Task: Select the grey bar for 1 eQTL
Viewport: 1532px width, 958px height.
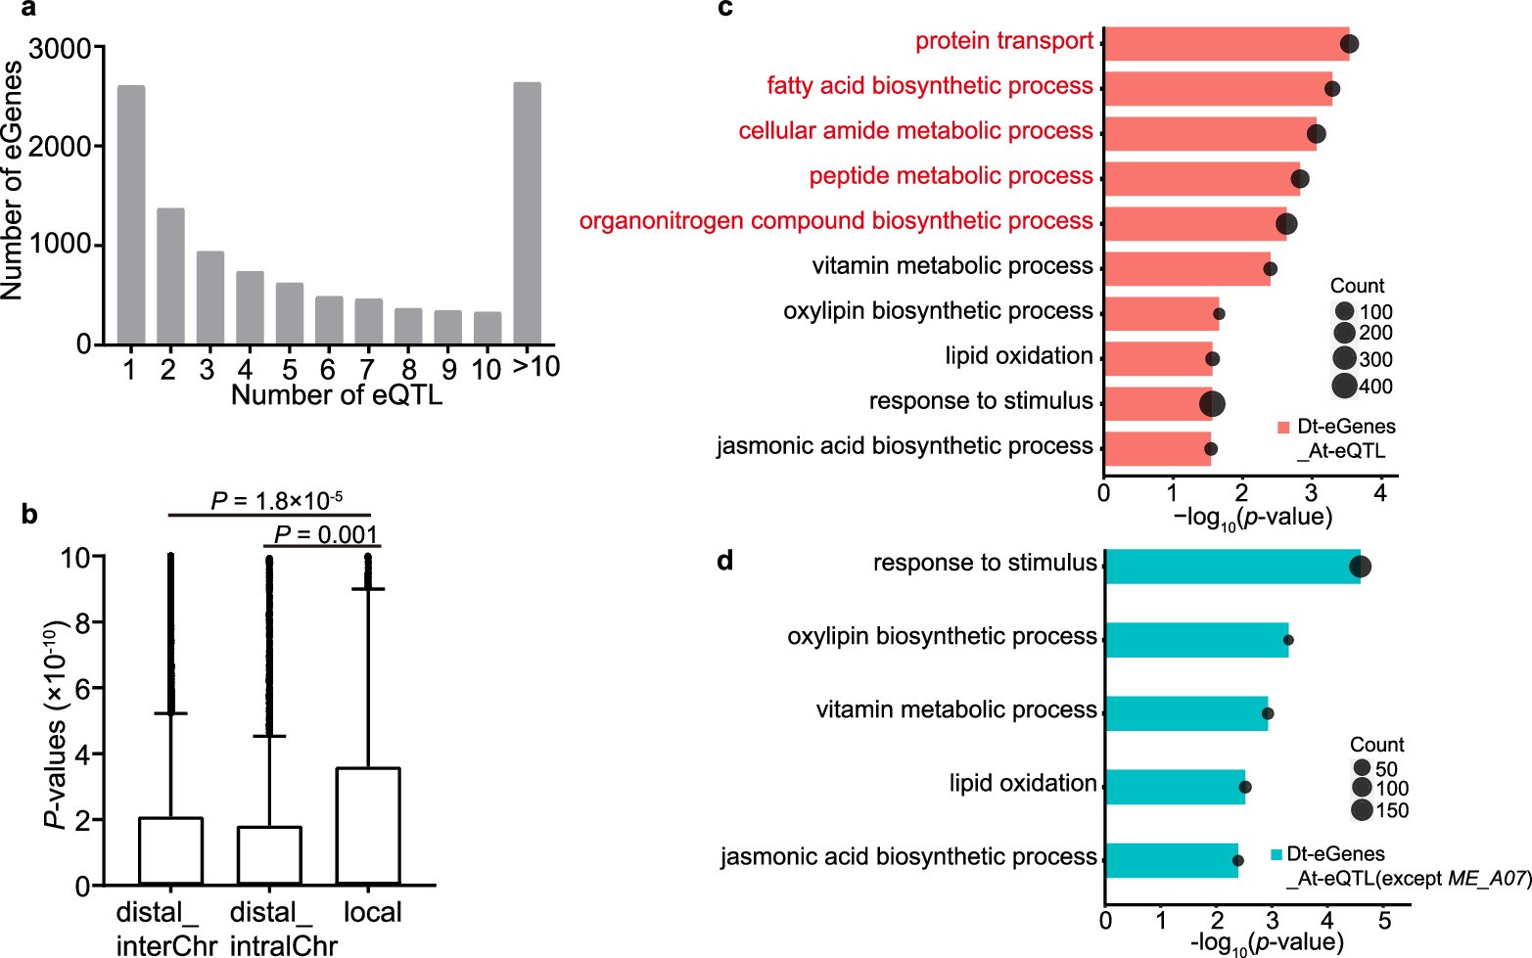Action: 131,214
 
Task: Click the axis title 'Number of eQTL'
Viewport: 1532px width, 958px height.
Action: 336,395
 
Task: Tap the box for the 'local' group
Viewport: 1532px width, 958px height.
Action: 368,826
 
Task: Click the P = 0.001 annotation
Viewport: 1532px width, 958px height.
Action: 325,534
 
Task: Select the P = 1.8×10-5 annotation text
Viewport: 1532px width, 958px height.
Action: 276,501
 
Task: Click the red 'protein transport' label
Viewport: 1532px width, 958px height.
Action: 1003,41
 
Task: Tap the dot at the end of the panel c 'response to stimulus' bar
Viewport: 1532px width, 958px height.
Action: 1212,403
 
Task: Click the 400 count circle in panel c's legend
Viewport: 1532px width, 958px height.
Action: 1344,386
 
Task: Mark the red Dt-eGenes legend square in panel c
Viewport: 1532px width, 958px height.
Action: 1283,428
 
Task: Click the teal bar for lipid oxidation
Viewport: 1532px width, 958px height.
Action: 1175,786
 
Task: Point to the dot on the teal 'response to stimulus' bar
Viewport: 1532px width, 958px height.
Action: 1360,567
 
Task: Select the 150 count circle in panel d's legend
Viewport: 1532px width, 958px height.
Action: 1361,810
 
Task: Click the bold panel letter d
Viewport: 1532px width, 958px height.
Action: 725,561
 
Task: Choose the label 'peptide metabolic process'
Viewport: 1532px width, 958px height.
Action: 950,176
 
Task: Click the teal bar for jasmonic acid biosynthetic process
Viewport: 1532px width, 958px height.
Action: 1171,859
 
